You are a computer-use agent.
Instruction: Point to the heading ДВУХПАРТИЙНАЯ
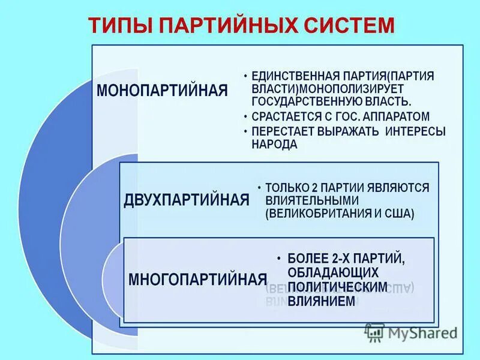pos(186,200)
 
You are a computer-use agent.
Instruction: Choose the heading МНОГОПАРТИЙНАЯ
pos(197,279)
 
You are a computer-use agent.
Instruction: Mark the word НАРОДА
pos(275,145)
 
